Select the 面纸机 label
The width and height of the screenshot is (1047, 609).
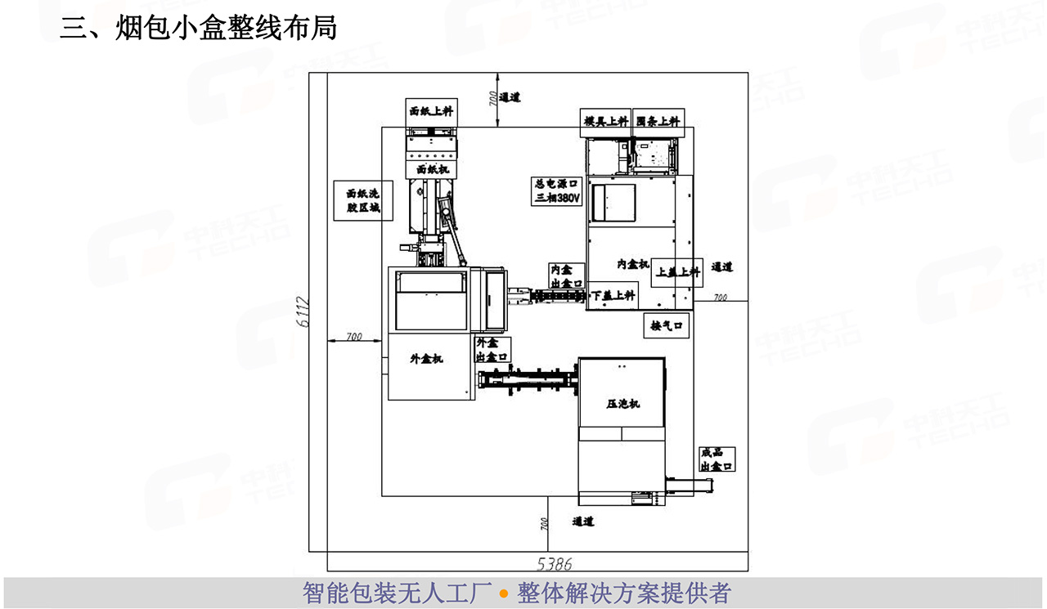click(431, 169)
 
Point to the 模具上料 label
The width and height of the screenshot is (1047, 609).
click(606, 121)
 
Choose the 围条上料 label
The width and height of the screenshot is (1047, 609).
click(658, 121)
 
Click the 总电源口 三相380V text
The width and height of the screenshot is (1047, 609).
click(556, 191)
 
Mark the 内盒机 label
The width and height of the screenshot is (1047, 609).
click(632, 265)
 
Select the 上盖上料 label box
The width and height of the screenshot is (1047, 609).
click(678, 272)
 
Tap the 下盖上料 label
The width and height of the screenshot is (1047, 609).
click(613, 295)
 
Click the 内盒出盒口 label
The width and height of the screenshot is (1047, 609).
click(566, 275)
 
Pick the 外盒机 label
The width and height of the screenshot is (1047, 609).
click(426, 358)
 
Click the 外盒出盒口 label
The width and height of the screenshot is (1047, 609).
click(492, 349)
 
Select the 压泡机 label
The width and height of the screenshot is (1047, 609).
click(622, 404)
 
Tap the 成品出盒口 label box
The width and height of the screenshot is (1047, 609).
click(717, 459)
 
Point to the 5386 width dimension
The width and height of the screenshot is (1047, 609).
click(555, 563)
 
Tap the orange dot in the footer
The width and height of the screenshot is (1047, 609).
click(504, 593)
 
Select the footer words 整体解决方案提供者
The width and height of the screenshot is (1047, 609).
click(623, 593)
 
